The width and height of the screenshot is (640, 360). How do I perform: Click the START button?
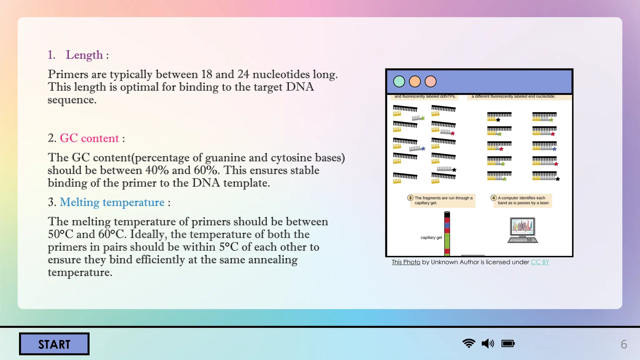[x=54, y=344]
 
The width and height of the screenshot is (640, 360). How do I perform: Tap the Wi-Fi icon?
[x=469, y=343]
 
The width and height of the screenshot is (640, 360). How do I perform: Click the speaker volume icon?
[x=488, y=344]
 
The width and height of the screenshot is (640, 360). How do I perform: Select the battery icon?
[x=508, y=344]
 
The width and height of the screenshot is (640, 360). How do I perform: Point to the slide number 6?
[x=624, y=344]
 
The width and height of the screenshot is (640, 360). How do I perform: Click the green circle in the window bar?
[x=399, y=82]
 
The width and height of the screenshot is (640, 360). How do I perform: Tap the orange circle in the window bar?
[x=415, y=82]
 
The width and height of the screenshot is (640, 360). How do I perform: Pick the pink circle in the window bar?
[x=431, y=82]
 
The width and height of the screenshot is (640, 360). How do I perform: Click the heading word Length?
[x=84, y=55]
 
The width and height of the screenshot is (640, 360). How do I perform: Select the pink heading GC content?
[x=89, y=138]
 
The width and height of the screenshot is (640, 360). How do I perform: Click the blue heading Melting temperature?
[x=112, y=202]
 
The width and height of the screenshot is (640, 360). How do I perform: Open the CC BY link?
[x=540, y=262]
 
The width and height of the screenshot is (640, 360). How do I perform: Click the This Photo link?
[x=406, y=262]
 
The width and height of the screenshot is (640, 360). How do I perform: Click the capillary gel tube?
[x=447, y=233]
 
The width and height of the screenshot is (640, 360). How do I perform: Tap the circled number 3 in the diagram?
[x=410, y=198]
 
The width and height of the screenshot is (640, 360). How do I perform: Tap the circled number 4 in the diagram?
[x=493, y=198]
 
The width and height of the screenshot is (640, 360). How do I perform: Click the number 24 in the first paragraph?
[x=243, y=74]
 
